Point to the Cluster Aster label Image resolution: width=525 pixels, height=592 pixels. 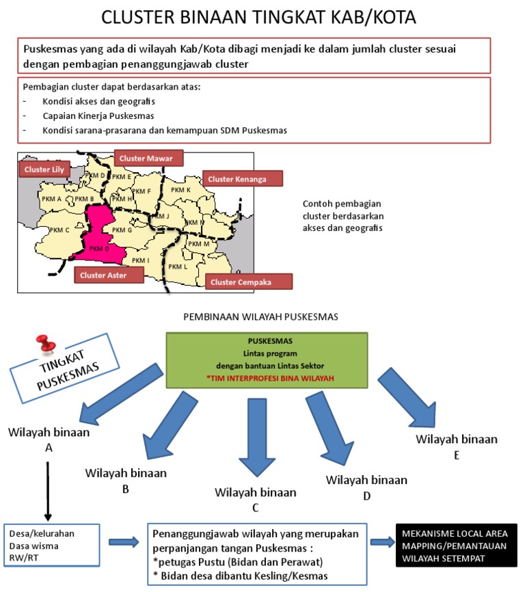108,275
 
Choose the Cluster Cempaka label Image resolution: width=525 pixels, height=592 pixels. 251,282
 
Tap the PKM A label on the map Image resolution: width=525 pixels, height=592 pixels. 53,199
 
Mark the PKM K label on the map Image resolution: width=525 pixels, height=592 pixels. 180,189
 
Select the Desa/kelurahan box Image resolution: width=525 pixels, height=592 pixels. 52,546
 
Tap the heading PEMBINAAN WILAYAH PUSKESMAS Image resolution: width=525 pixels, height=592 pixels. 262,317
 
